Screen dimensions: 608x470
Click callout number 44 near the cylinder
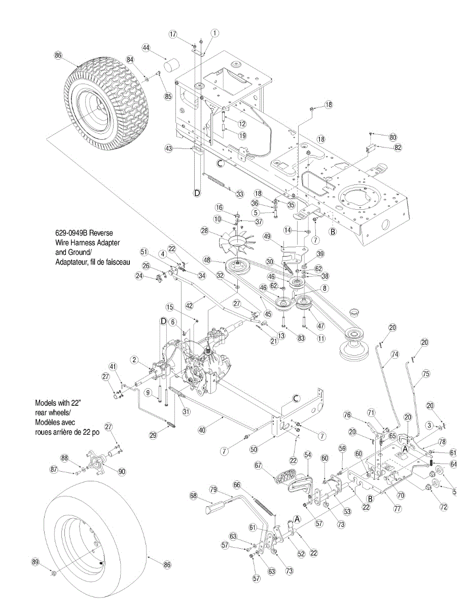[146, 48]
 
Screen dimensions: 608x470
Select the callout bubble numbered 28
[205, 231]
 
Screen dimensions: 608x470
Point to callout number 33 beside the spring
[240, 195]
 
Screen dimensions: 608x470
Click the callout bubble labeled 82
[397, 147]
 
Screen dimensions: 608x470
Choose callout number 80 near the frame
[393, 137]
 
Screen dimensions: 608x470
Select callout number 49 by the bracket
[266, 236]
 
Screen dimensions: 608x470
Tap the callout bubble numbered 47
[321, 326]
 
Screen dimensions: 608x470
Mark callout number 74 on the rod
[395, 355]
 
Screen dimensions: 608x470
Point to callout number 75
[425, 374]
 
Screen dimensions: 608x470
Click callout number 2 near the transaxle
[134, 360]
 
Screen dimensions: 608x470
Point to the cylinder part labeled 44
[175, 66]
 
